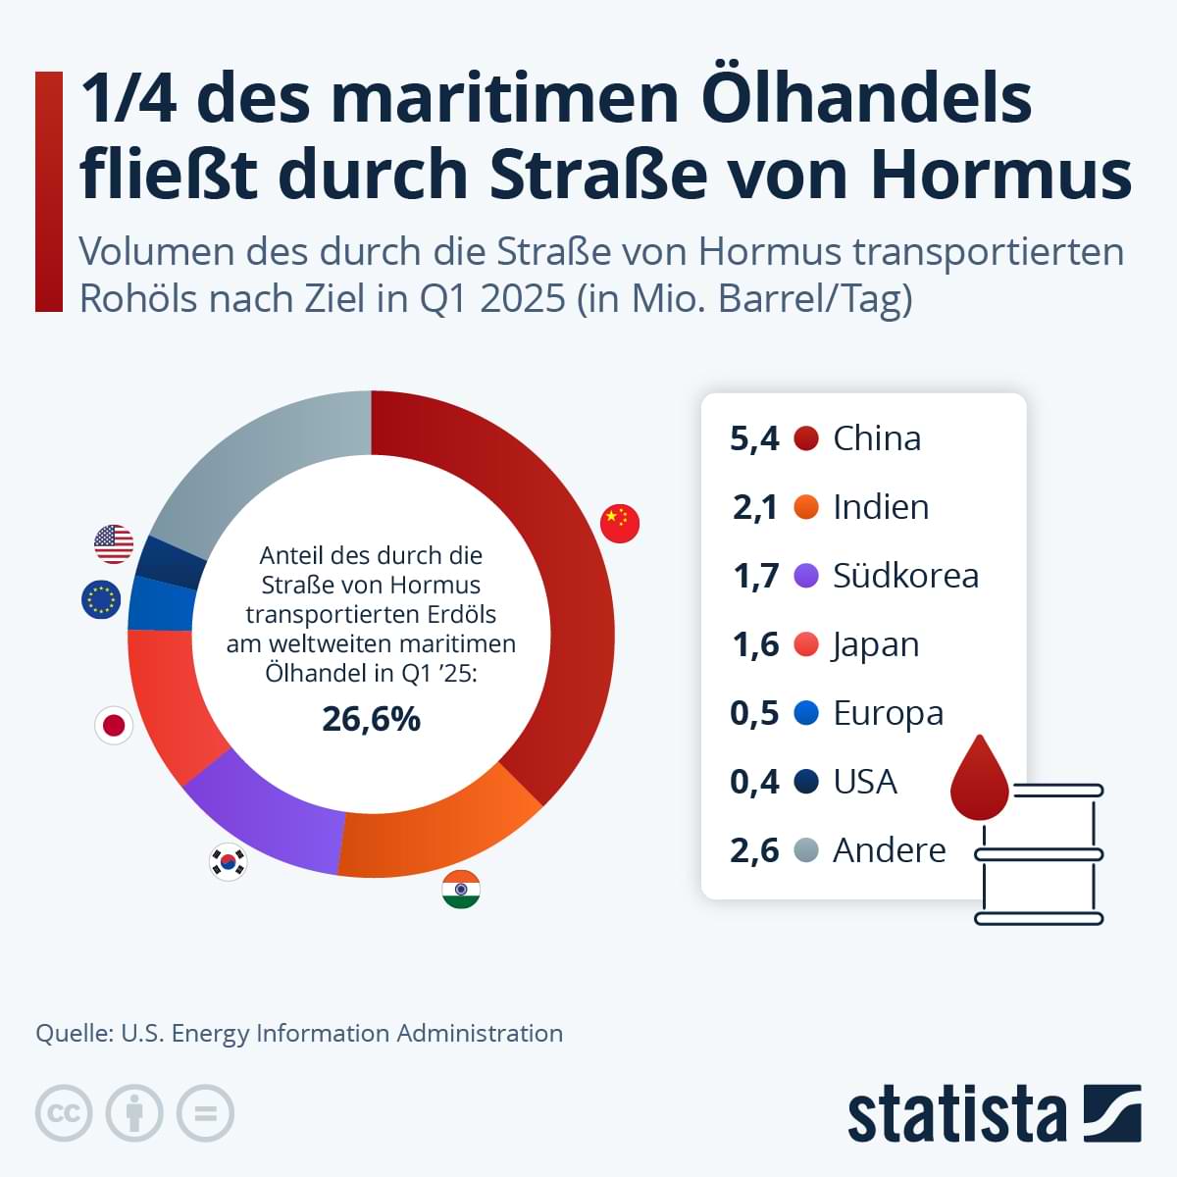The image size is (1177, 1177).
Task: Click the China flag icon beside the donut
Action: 620,524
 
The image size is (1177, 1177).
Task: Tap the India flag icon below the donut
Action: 461,890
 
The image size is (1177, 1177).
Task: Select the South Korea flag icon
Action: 229,862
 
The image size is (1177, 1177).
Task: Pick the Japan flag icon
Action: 114,725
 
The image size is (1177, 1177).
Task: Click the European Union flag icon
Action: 100,599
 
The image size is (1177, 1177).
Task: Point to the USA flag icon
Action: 114,543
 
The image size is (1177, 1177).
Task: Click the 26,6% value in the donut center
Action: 371,719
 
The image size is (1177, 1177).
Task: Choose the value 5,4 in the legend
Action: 754,438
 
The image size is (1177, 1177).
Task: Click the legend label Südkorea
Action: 905,576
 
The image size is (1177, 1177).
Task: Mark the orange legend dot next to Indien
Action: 806,507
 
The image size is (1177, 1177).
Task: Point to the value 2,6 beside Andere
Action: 754,850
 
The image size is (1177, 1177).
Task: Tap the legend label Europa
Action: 888,713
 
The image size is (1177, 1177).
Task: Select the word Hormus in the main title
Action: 1000,174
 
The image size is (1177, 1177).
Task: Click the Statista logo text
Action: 956,1114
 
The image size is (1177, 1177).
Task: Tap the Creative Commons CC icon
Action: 64,1113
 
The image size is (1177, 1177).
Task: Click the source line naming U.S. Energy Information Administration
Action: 299,1033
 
